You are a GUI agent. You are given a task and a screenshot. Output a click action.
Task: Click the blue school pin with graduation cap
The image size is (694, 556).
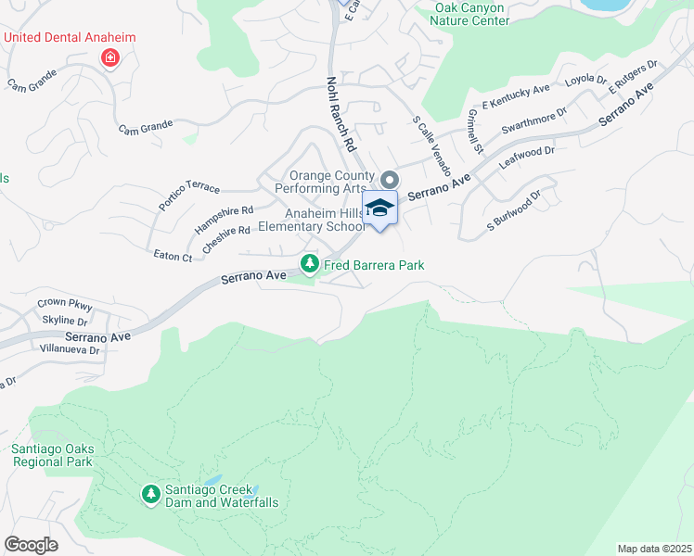pyautogui.click(x=379, y=209)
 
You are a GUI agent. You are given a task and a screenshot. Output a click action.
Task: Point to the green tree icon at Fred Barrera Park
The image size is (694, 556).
pyautogui.click(x=310, y=265)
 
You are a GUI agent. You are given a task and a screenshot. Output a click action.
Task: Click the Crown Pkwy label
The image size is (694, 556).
pyautogui.click(x=65, y=303)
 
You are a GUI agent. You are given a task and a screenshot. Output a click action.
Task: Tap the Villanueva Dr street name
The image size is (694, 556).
pyautogui.click(x=69, y=350)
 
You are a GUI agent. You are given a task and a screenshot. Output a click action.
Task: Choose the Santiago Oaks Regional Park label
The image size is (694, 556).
pyautogui.click(x=52, y=455)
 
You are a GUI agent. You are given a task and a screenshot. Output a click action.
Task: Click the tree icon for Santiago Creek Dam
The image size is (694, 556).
pyautogui.click(x=150, y=495)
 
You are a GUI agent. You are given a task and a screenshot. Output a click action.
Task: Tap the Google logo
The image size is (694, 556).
pyautogui.click(x=31, y=544)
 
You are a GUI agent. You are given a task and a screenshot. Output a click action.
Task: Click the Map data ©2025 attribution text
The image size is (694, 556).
pyautogui.click(x=653, y=549)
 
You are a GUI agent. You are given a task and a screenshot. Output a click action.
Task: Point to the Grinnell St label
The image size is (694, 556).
pyautogui.click(x=475, y=131)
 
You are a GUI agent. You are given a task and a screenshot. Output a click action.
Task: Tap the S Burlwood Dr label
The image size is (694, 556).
pyautogui.click(x=513, y=212)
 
